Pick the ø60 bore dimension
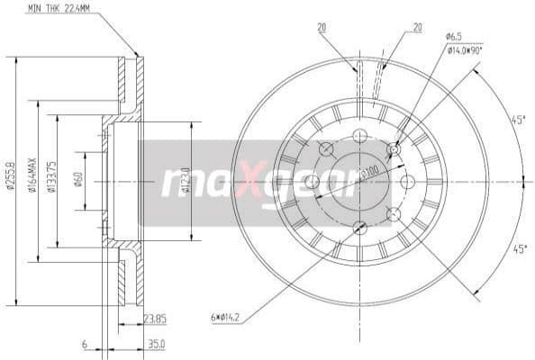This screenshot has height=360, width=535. (79, 181)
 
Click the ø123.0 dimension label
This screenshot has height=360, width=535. (186, 180)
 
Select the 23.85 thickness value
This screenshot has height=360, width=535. (155, 317)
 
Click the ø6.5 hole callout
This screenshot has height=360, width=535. (453, 36)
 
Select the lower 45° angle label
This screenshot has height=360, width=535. (517, 249)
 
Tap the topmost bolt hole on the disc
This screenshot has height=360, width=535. (359, 136)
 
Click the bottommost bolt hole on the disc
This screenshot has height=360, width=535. (359, 228)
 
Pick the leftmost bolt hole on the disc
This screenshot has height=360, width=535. (313, 182)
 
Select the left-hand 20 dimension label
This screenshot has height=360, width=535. (322, 28)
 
